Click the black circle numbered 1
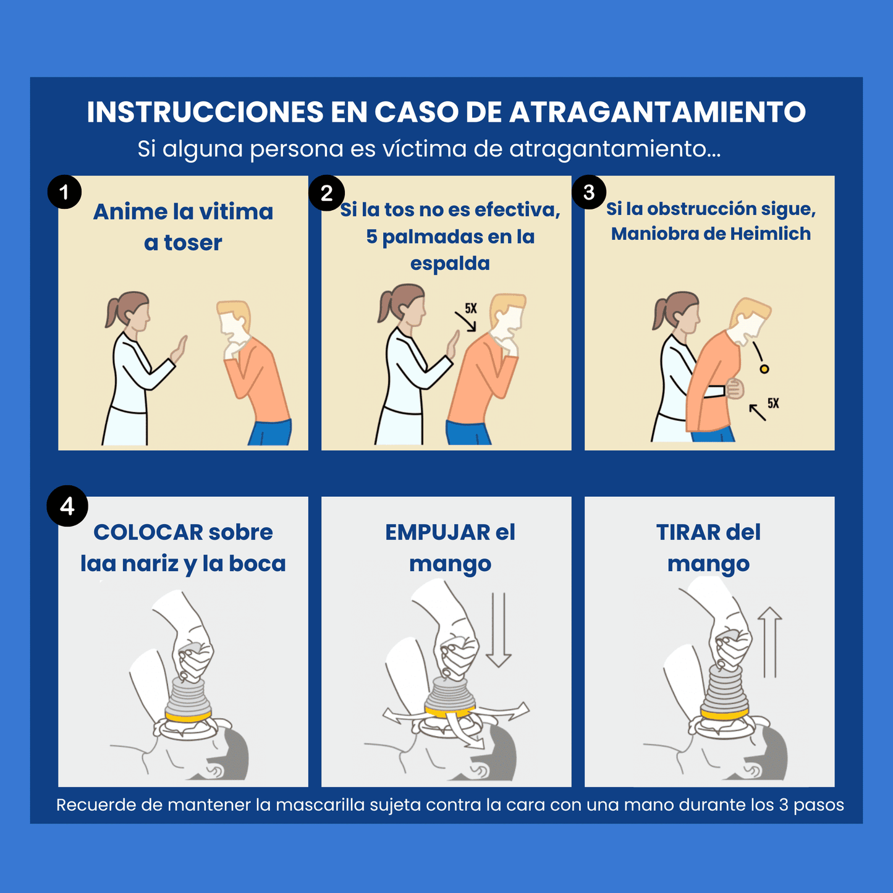pyautogui.click(x=64, y=192)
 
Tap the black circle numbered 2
pyautogui.click(x=326, y=193)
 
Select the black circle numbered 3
pyautogui.click(x=589, y=192)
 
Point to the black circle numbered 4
pyautogui.click(x=67, y=506)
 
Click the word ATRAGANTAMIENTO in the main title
pyautogui.click(x=658, y=112)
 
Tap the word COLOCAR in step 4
pyautogui.click(x=148, y=532)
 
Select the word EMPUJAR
pyautogui.click(x=438, y=532)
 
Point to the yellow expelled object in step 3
pyautogui.click(x=764, y=369)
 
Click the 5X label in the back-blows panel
pyautogui.click(x=471, y=308)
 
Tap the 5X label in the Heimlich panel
pyautogui.click(x=773, y=404)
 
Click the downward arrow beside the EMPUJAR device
pyautogui.click(x=498, y=630)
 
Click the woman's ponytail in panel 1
pyautogui.click(x=112, y=312)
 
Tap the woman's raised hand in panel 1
pyautogui.click(x=179, y=350)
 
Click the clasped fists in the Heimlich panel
pyautogui.click(x=734, y=389)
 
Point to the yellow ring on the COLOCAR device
pyautogui.click(x=188, y=717)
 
